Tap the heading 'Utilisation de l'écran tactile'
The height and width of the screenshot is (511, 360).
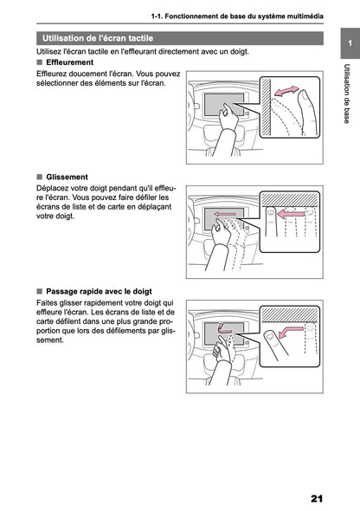[x=98, y=38]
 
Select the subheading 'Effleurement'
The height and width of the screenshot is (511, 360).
[x=72, y=63]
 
